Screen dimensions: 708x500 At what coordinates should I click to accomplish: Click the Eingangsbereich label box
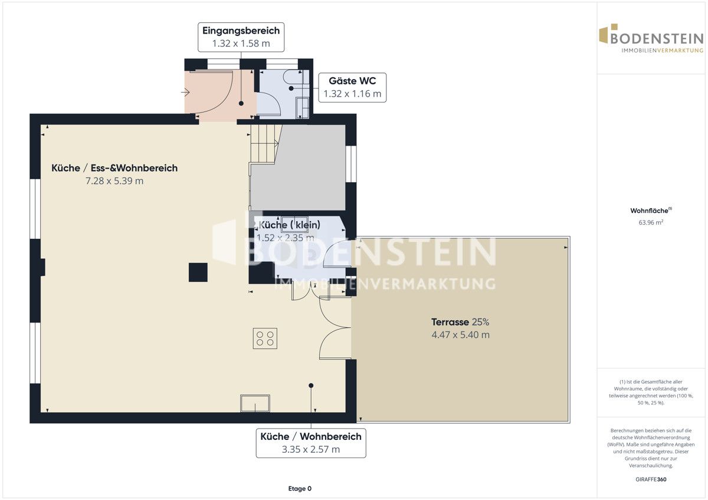(x=241, y=37)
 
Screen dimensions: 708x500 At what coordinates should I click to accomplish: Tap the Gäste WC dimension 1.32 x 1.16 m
(x=352, y=94)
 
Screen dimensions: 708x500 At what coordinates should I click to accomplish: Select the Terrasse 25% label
(x=460, y=322)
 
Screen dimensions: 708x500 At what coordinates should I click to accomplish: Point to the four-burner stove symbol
(x=265, y=338)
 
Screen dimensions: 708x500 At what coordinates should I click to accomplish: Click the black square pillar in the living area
(x=198, y=272)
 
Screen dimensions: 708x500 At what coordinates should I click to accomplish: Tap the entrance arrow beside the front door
(x=185, y=92)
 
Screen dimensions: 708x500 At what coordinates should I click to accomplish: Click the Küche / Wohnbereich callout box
(x=311, y=443)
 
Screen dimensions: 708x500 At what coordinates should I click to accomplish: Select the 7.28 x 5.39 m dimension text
(x=114, y=181)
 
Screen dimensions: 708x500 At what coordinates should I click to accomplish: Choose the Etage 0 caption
(x=300, y=489)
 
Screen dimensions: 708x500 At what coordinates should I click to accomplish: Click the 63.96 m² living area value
(x=651, y=222)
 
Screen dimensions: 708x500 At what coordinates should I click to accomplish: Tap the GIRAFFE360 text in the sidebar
(x=651, y=479)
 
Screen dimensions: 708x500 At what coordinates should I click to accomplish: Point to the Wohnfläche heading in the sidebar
(x=651, y=210)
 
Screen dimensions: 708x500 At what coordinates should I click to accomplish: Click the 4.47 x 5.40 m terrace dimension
(x=461, y=335)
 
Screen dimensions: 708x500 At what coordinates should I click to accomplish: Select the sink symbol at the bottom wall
(x=255, y=403)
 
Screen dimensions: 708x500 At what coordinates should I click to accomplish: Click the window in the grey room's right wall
(x=351, y=164)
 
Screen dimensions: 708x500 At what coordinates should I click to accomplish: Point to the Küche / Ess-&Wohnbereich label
(x=114, y=168)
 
